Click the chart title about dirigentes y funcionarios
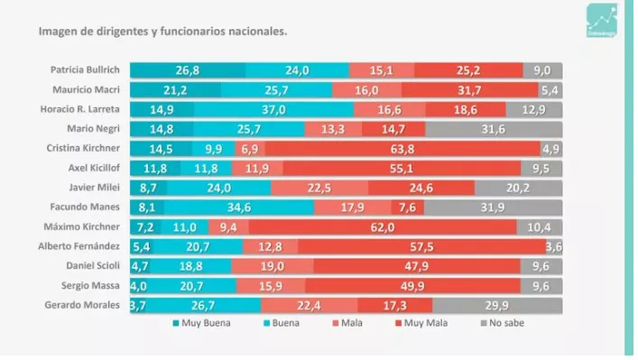pyautogui.click(x=162, y=31)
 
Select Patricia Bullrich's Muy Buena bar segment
pyautogui.click(x=188, y=70)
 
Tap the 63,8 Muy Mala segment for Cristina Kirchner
pyautogui.click(x=402, y=148)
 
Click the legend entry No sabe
pyautogui.click(x=502, y=322)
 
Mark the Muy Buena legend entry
pyautogui.click(x=200, y=322)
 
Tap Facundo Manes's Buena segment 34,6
pyautogui.click(x=239, y=207)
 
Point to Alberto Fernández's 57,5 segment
pyautogui.click(x=421, y=246)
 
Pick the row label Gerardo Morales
pyautogui.click(x=84, y=305)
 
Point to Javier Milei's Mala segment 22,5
pyautogui.click(x=319, y=188)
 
